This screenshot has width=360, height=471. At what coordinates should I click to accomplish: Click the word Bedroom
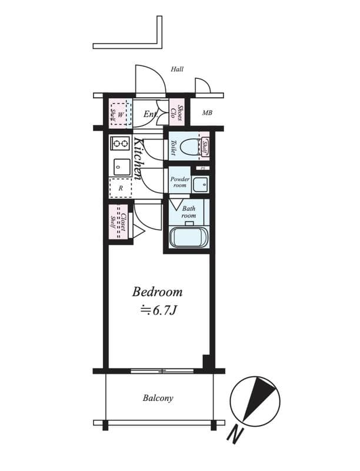(157, 291)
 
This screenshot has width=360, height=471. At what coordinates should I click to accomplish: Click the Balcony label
(158, 398)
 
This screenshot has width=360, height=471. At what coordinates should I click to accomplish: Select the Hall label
(177, 69)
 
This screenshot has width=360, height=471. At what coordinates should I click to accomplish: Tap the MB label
(207, 113)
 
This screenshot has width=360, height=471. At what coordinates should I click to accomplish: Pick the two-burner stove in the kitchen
(121, 143)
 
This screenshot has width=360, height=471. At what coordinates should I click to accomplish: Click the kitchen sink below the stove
(121, 167)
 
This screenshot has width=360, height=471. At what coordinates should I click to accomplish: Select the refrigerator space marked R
(121, 188)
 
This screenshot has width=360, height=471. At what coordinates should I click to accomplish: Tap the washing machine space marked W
(121, 113)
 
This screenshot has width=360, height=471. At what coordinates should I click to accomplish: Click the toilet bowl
(191, 147)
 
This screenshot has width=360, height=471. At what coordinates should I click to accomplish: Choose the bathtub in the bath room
(188, 237)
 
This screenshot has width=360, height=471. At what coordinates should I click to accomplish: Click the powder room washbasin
(202, 184)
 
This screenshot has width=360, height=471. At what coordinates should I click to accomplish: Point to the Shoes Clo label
(177, 112)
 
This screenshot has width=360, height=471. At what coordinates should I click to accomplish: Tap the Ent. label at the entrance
(151, 114)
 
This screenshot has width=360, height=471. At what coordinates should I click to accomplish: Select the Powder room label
(180, 182)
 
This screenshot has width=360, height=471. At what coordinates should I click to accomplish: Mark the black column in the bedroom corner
(206, 361)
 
